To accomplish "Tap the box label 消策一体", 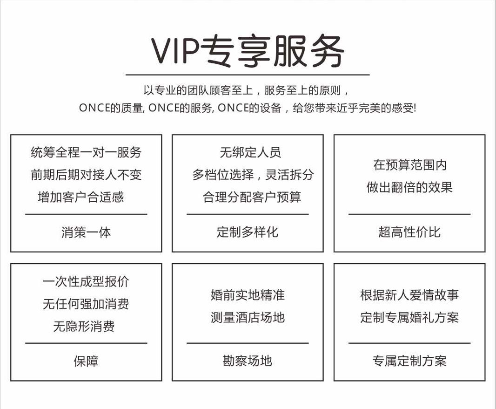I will click(86, 232).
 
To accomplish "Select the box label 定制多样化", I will click(248, 232).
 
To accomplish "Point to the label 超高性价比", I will click(409, 232).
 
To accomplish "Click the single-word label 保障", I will click(86, 361).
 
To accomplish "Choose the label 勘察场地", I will click(248, 361).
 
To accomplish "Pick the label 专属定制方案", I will click(409, 361).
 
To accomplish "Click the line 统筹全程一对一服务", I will click(86, 152).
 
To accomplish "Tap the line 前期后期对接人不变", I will click(86, 175).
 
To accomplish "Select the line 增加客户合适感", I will click(81, 197).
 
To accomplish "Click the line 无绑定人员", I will click(250, 152).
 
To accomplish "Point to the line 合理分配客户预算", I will click(252, 197).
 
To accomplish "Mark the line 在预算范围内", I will click(409, 165).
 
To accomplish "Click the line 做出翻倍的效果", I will click(409, 187).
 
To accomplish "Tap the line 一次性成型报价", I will click(86, 281).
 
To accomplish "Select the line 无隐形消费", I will click(84, 327).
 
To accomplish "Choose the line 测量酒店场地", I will click(248, 318).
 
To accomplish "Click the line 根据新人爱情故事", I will click(409, 295).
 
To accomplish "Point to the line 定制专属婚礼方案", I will click(409, 318).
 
